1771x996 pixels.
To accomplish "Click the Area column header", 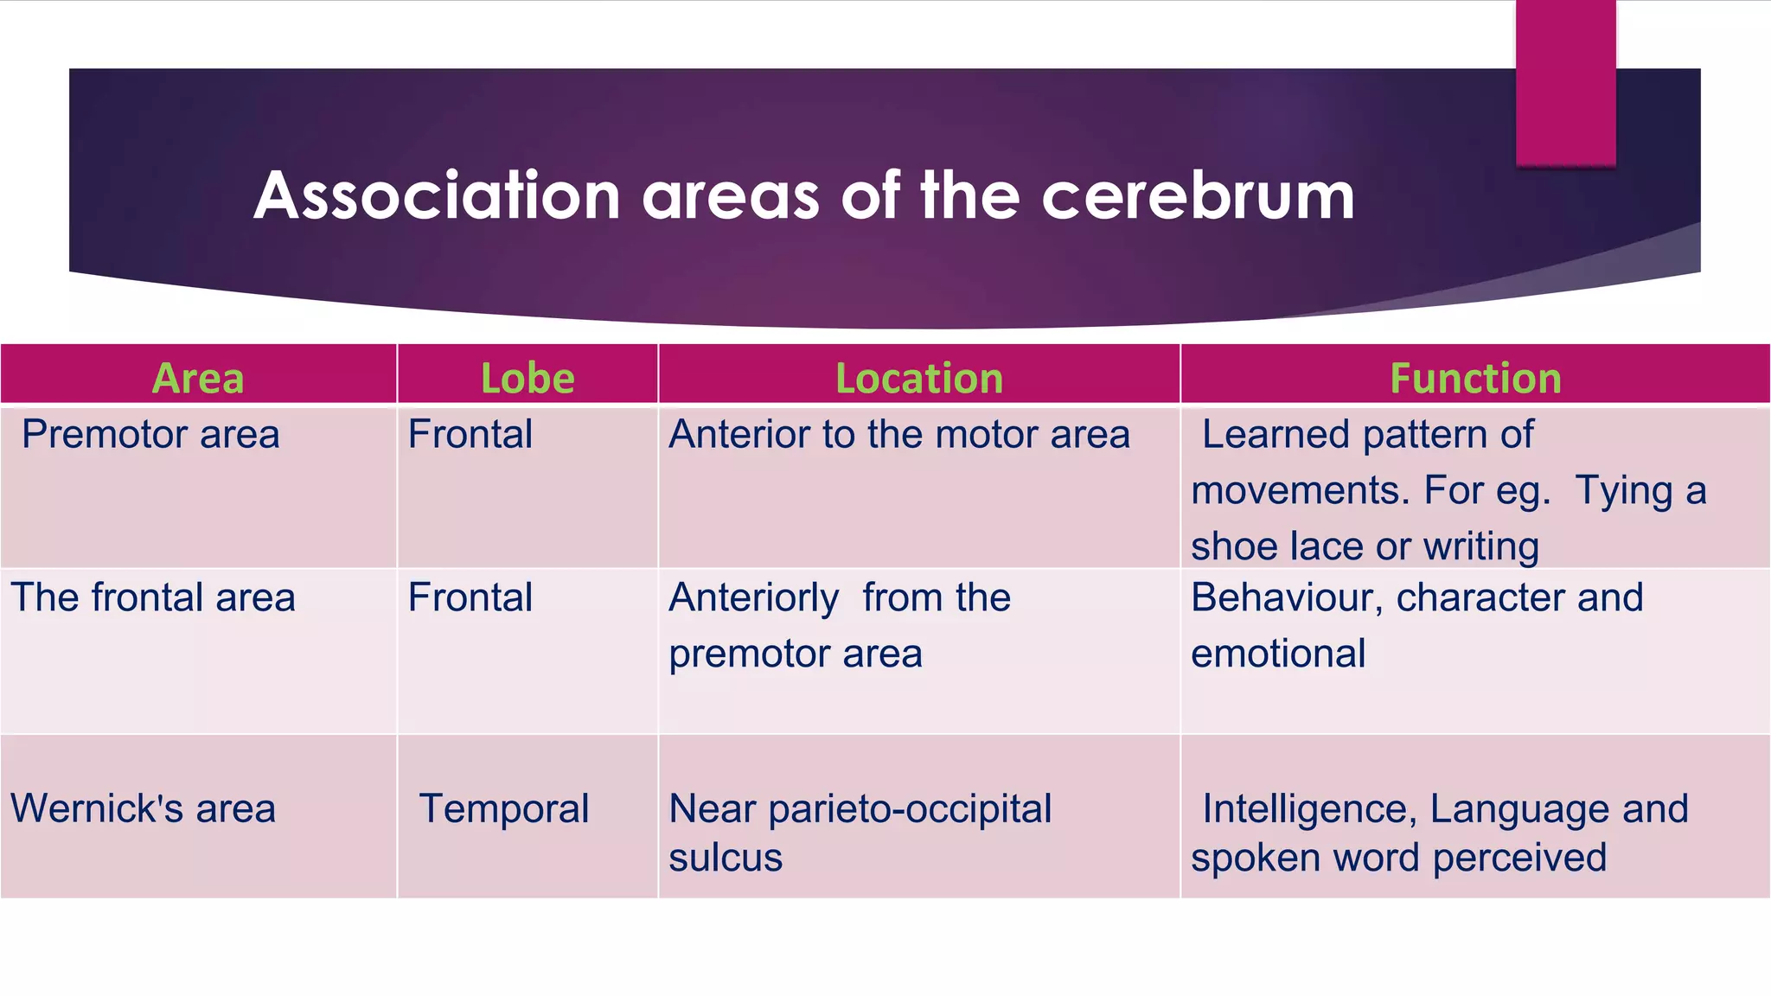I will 198,379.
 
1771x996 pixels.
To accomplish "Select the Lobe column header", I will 527,379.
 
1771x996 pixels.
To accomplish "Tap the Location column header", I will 919,379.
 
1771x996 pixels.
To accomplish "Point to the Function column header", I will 1475,379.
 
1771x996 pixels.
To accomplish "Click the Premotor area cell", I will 150,434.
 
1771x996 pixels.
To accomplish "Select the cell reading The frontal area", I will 153,597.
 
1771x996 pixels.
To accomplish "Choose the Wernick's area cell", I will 143,809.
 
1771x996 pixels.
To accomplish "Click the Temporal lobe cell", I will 504,809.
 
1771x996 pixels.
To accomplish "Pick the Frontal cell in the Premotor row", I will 470,434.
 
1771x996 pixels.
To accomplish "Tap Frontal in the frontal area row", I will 470,597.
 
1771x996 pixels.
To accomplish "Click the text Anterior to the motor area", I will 899,434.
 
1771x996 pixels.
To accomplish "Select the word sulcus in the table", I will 726,858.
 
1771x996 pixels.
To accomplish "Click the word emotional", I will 1278,654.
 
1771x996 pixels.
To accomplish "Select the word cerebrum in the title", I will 1198,196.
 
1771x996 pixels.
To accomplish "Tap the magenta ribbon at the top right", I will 1565,82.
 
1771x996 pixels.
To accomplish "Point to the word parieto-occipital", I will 910,809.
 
